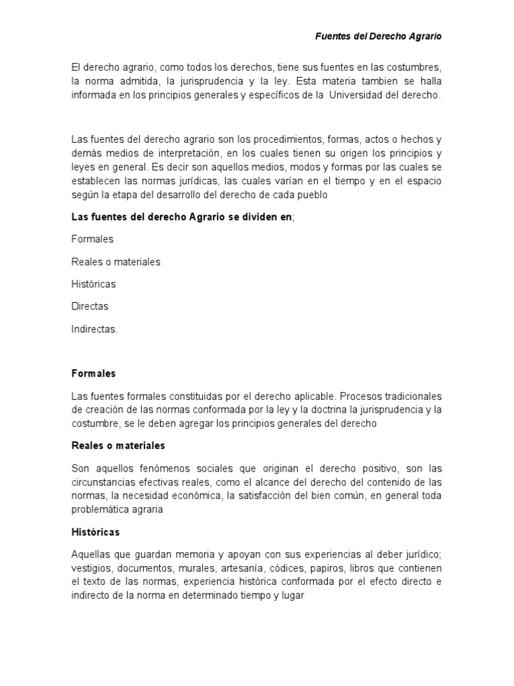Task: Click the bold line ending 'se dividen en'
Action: pyautogui.click(x=182, y=217)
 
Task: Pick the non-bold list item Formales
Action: pyautogui.click(x=92, y=239)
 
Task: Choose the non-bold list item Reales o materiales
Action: pyautogui.click(x=116, y=261)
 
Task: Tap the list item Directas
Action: pyautogui.click(x=90, y=306)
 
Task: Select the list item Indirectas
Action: pyautogui.click(x=94, y=328)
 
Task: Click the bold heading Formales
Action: pyautogui.click(x=94, y=373)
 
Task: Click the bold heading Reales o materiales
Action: pyautogui.click(x=118, y=445)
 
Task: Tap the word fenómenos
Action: pyautogui.click(x=152, y=468)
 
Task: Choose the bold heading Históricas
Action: pyautogui.click(x=95, y=532)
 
